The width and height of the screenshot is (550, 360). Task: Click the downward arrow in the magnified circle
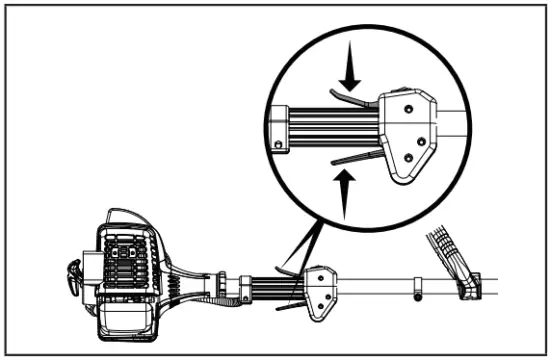tap(349, 71)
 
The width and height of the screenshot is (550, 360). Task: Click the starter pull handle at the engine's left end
tap(72, 275)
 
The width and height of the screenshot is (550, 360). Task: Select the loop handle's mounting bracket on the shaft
tap(467, 287)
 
